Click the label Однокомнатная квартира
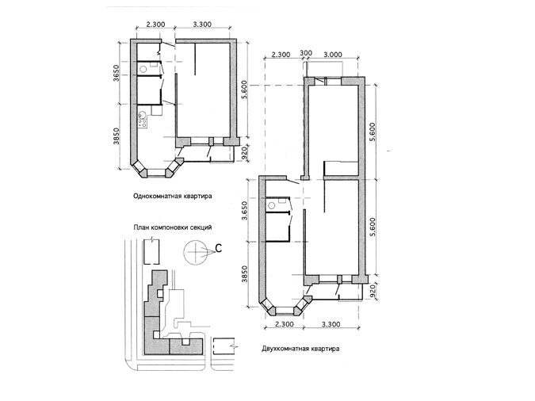tap(173, 197)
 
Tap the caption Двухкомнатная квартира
tap(300, 349)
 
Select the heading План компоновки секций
tap(173, 227)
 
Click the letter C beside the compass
tap(219, 249)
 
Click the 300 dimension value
tap(306, 53)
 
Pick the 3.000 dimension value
tap(333, 55)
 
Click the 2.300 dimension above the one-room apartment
tap(155, 25)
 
